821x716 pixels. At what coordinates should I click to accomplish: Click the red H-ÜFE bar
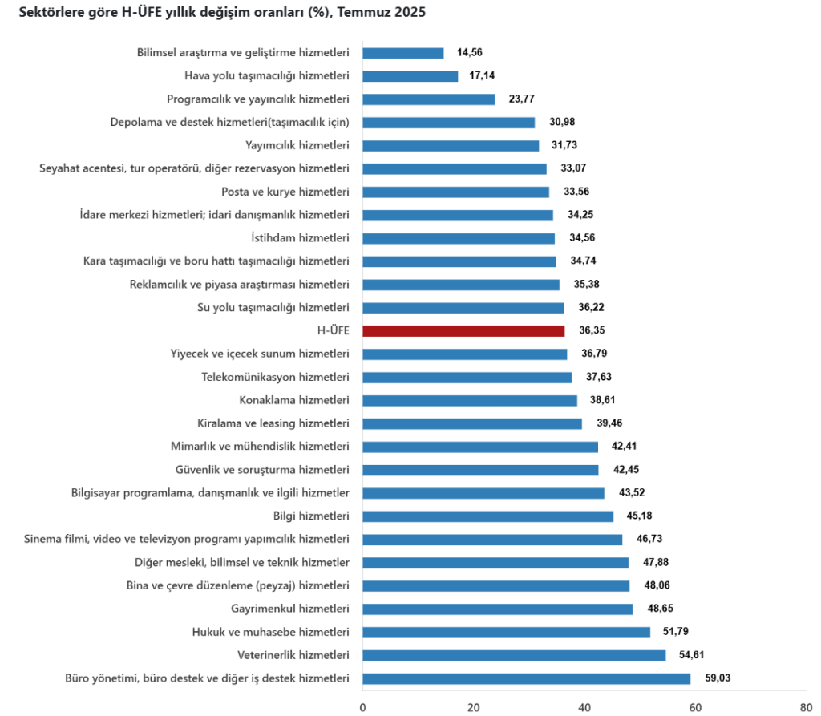pos(463,330)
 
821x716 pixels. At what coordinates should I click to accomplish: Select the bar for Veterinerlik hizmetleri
pos(514,655)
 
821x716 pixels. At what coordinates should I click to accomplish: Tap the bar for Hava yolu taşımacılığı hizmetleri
pos(410,76)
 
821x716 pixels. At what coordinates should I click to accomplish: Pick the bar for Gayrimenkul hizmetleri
pos(497,609)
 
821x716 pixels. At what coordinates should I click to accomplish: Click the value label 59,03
pos(718,678)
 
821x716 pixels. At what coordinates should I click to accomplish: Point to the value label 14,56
pos(471,53)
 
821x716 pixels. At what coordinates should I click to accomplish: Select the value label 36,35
pos(592,330)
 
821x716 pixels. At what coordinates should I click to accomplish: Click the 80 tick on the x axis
pos(805,707)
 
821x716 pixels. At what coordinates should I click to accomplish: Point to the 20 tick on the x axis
pos(474,707)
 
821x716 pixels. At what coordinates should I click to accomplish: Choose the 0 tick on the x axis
pos(363,707)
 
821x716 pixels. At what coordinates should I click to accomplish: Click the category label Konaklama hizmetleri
pos(294,400)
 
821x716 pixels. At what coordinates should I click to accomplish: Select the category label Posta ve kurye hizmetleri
pos(285,192)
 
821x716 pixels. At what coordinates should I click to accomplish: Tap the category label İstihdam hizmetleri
pos(301,238)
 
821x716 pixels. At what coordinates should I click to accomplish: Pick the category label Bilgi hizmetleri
pos(311,516)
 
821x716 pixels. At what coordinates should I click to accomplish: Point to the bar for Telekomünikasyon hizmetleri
pos(467,377)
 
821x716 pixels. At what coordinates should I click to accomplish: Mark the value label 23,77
pos(522,99)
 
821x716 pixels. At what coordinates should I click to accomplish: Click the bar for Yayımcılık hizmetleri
pos(451,145)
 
